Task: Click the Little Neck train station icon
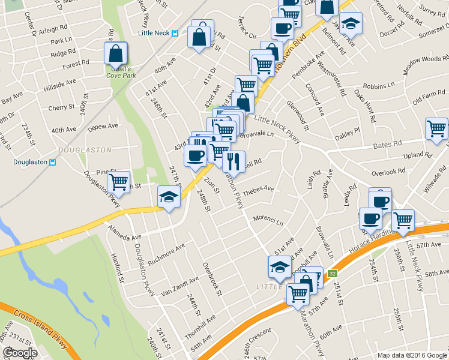point(175,34)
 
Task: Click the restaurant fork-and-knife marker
point(234,161)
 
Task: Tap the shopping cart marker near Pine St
point(119,181)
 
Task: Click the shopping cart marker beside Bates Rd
point(436,128)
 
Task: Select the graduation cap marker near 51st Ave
point(279,267)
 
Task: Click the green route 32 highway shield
point(332,274)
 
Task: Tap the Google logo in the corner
point(20,353)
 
